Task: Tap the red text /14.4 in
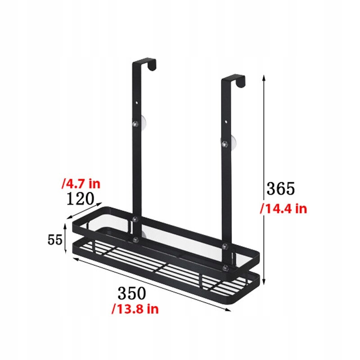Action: pyautogui.click(x=283, y=209)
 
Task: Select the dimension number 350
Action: pyautogui.click(x=132, y=293)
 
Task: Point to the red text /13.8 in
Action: pyautogui.click(x=135, y=309)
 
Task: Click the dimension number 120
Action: pyautogui.click(x=81, y=198)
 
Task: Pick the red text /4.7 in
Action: pyautogui.click(x=81, y=184)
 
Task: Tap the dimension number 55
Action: pyautogui.click(x=55, y=240)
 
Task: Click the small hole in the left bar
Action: pyautogui.click(x=137, y=103)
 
